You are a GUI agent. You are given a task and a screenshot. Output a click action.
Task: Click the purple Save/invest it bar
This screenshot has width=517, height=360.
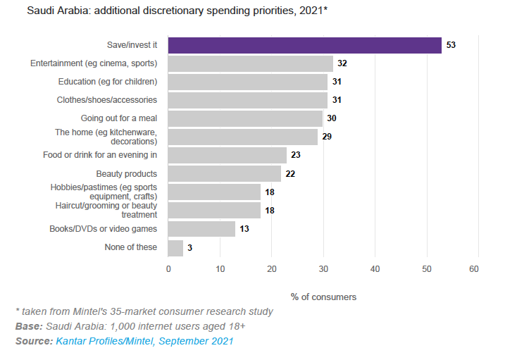click(304, 45)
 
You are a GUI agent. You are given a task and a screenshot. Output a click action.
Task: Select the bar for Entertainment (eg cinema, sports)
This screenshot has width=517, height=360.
click(250, 63)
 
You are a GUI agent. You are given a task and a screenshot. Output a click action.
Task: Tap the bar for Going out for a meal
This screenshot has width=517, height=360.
click(245, 118)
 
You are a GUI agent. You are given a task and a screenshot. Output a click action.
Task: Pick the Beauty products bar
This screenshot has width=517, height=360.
click(224, 173)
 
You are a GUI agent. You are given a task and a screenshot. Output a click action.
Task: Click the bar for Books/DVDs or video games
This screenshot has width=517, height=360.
click(201, 228)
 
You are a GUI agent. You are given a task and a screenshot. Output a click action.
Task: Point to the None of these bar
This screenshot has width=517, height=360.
click(175, 247)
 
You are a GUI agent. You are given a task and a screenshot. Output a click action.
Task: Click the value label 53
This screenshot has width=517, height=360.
click(451, 45)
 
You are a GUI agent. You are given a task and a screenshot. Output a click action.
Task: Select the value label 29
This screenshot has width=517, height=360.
click(327, 137)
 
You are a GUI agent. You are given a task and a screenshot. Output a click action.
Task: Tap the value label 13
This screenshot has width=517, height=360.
click(244, 229)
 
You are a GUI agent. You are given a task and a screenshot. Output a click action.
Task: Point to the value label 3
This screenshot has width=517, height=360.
click(190, 247)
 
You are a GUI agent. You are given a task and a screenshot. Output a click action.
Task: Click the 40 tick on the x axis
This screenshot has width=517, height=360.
click(375, 268)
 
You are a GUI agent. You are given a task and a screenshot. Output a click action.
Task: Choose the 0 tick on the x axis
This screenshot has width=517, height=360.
click(168, 268)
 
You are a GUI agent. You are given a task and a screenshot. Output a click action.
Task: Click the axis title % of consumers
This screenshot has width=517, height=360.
click(323, 297)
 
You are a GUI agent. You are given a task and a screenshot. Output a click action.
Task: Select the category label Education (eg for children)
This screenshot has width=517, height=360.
click(108, 82)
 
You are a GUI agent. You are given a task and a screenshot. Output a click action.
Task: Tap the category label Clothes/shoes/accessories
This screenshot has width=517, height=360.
click(107, 100)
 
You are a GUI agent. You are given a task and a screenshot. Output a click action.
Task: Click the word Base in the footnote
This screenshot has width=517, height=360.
click(28, 326)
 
